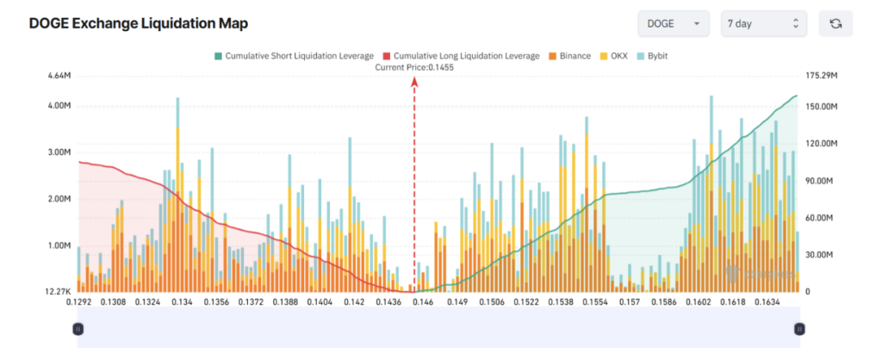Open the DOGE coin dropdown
pyautogui.click(x=673, y=23)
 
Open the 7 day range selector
pyautogui.click(x=763, y=23)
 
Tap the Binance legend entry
pyautogui.click(x=569, y=56)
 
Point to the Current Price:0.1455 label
pyautogui.click(x=413, y=67)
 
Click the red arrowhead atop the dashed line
pyautogui.click(x=414, y=82)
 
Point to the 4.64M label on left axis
pyautogui.click(x=59, y=77)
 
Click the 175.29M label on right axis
pyautogui.click(x=820, y=77)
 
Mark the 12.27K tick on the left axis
pyautogui.click(x=58, y=292)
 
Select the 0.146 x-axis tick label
pyautogui.click(x=422, y=303)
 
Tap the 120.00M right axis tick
pyautogui.click(x=820, y=144)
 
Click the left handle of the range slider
pyautogui.click(x=78, y=328)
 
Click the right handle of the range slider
pyautogui.click(x=799, y=328)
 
